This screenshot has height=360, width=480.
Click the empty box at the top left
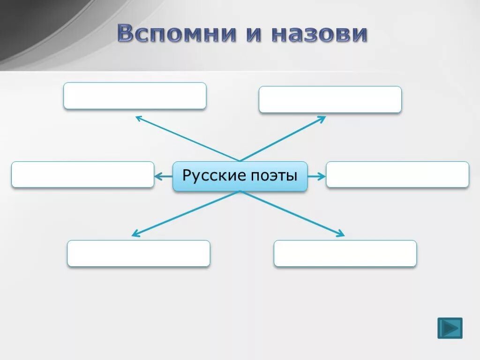[135, 96]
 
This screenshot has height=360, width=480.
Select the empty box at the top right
[330, 99]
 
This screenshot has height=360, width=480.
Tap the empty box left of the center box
[82, 175]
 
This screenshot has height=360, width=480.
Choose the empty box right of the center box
[397, 175]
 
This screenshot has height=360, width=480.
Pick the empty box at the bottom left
[139, 254]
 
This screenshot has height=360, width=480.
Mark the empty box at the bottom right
[345, 254]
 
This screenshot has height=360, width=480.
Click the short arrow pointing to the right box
[317, 176]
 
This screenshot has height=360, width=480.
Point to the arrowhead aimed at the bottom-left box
[135, 233]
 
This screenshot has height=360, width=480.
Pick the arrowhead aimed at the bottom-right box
[341, 234]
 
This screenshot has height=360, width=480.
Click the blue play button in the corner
[450, 328]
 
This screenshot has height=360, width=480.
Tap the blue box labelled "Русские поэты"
[240, 176]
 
